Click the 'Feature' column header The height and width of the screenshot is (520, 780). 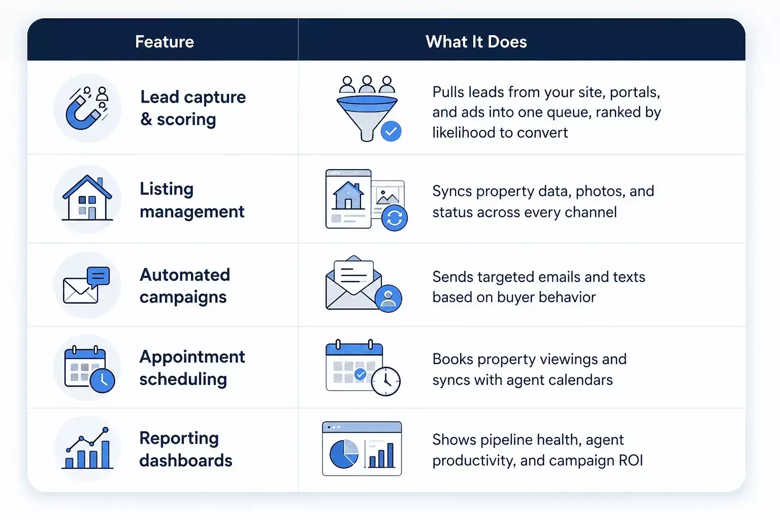[165, 42]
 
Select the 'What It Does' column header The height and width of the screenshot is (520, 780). [476, 42]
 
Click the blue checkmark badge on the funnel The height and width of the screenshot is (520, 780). [391, 132]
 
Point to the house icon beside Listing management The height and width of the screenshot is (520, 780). [87, 198]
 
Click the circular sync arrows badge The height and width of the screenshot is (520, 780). [395, 218]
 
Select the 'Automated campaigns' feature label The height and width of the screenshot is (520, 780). [184, 286]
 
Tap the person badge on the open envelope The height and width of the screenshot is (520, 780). [388, 299]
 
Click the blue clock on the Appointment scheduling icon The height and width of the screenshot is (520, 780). [103, 381]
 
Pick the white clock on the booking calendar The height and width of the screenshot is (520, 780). [386, 381]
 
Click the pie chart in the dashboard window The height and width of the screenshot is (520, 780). [344, 453]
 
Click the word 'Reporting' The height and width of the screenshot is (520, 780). [179, 439]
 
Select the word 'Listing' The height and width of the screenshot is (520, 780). [167, 189]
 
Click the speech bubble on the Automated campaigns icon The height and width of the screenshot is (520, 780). [98, 277]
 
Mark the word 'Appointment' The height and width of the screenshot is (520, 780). [192, 357]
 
